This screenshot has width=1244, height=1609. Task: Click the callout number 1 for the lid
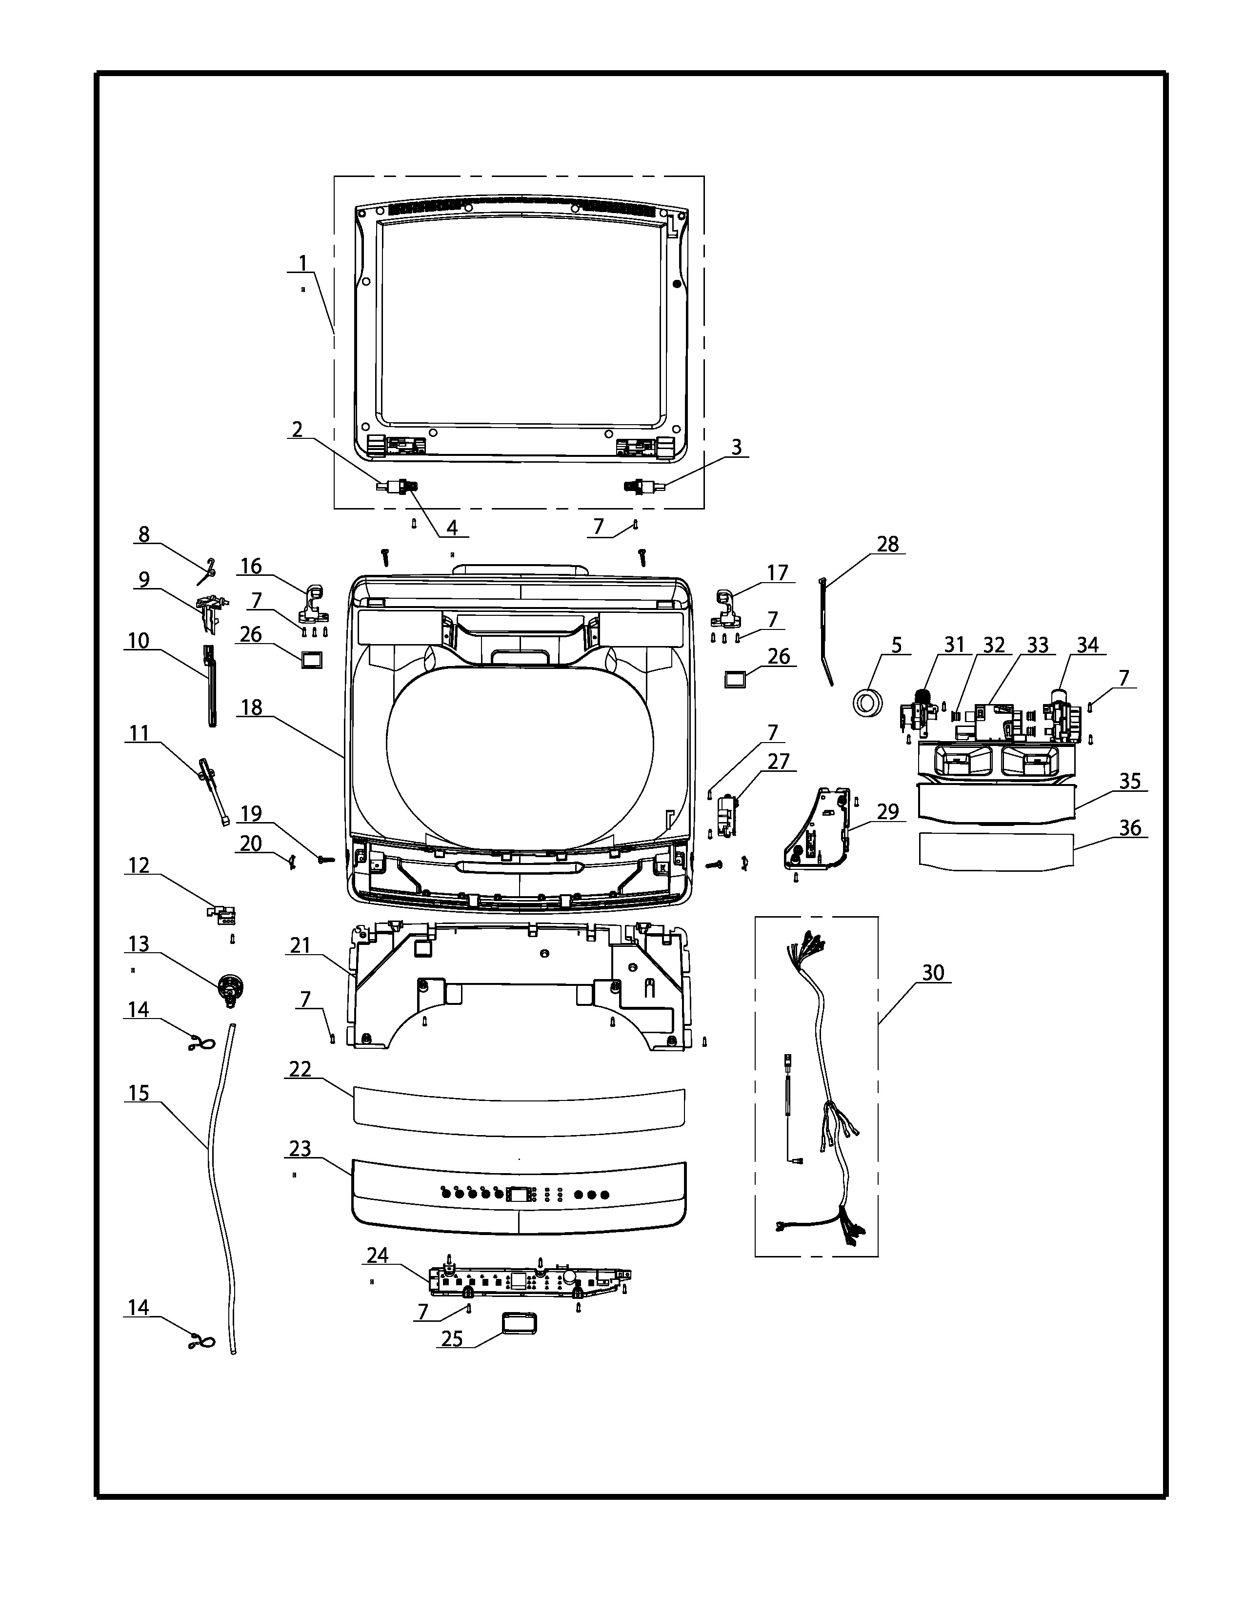[x=302, y=263]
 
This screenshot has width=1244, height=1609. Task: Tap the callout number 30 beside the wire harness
[x=933, y=973]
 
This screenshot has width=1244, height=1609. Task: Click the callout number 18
[x=251, y=708]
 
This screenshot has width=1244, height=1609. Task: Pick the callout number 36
[x=1130, y=828]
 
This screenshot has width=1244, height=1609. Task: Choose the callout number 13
[x=139, y=944]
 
